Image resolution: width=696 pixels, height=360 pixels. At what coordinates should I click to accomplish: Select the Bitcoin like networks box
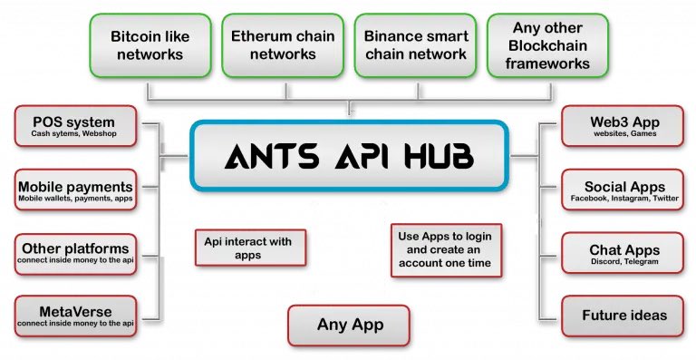click(x=147, y=45)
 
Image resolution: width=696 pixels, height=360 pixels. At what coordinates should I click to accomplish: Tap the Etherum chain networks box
click(x=283, y=45)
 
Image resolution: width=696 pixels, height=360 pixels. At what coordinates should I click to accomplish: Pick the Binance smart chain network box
click(x=416, y=45)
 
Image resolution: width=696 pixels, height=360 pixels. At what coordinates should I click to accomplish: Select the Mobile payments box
click(x=75, y=190)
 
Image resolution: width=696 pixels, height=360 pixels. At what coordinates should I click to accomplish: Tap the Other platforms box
click(x=75, y=252)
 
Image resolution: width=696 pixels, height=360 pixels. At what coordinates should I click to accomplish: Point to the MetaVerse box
click(x=75, y=316)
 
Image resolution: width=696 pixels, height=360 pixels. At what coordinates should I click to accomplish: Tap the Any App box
click(x=350, y=324)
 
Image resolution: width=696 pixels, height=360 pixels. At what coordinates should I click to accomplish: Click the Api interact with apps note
click(x=250, y=247)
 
